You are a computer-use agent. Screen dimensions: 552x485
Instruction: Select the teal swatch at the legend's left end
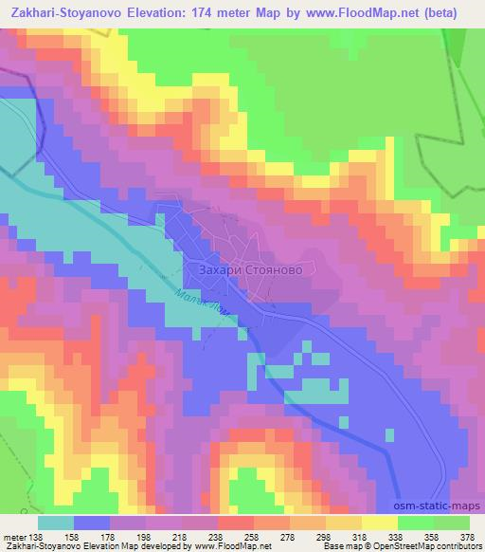[x=55, y=523]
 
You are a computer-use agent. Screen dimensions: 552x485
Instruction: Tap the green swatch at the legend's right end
[x=451, y=523]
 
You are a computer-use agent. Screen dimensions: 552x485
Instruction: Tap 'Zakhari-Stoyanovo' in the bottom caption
[x=38, y=546]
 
